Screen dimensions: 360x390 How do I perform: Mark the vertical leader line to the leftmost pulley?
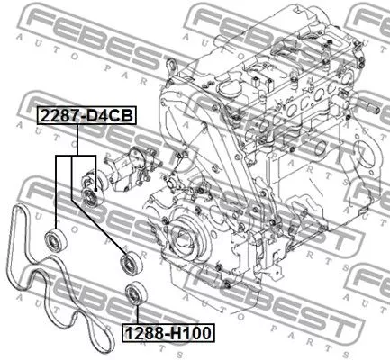(56, 193)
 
